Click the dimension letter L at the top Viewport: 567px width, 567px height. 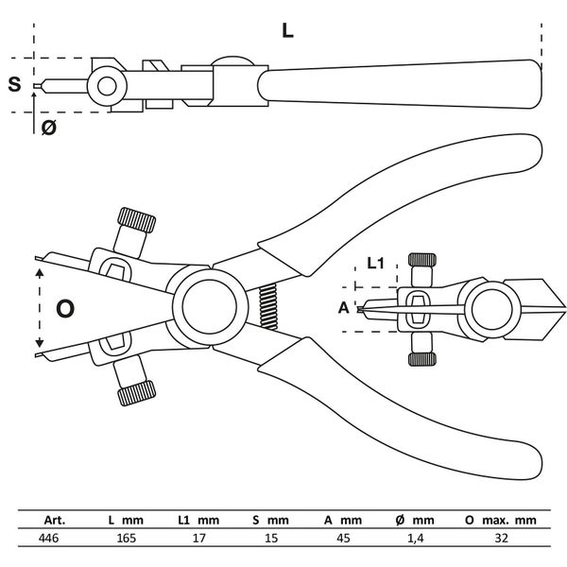[287, 29]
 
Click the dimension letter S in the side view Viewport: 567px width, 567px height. [14, 84]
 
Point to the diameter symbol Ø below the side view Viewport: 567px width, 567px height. [48, 128]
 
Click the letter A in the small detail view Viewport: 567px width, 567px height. [343, 308]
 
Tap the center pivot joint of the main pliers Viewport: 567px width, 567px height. [207, 304]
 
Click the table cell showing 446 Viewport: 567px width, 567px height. [50, 540]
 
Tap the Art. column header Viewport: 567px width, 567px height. [48, 520]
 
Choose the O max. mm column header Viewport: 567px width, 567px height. [501, 520]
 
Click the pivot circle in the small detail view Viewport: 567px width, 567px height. [490, 307]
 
